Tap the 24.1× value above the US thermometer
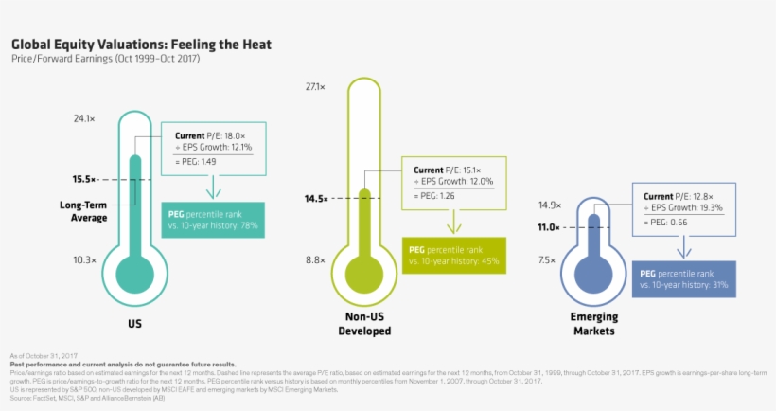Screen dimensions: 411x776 84,119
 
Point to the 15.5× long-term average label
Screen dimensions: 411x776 84,179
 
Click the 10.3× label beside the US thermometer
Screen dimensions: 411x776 84,259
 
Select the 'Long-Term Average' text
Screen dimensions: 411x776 83,211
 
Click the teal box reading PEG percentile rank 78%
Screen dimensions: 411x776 212,220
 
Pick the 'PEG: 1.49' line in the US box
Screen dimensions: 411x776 197,162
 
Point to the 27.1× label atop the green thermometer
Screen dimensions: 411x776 315,87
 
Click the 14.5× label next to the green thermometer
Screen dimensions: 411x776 315,198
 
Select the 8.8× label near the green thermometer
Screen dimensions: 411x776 315,259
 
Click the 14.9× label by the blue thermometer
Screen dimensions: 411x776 550,205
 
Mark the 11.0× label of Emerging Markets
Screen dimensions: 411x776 550,227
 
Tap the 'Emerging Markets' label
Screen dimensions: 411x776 593,324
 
